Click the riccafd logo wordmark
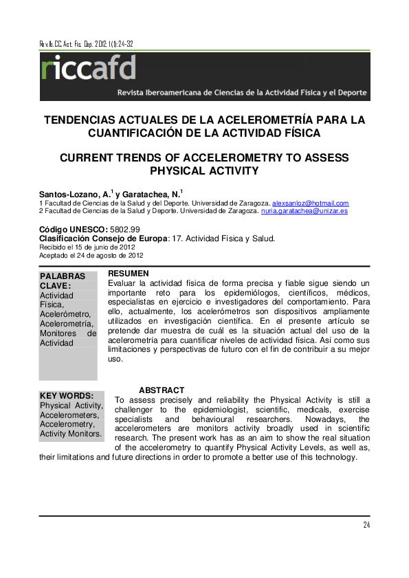tap(89, 69)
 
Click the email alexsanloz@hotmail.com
tap(310, 203)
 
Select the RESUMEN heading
tap(129, 274)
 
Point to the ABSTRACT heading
tap(162, 390)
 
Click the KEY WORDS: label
tap(67, 396)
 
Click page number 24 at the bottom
tap(366, 526)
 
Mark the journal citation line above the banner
tap(87, 44)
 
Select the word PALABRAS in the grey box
tap(63, 276)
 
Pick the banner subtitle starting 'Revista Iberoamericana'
tap(242, 92)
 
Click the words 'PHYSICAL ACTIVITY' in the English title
tap(204, 170)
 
